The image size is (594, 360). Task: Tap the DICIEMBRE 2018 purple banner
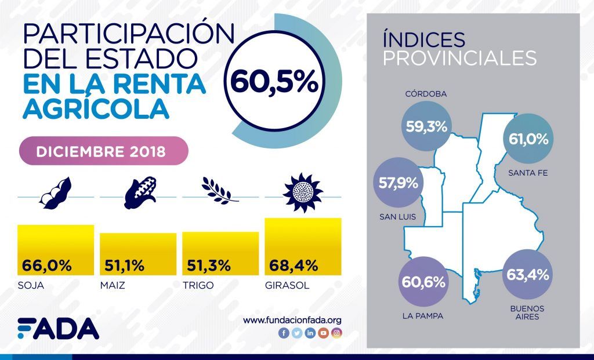pos(104,152)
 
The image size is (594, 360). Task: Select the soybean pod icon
pos(55,193)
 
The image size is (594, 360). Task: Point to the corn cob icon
pos(140,193)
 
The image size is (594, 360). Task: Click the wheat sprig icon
pos(220,191)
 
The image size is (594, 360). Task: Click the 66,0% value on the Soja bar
pos(47,266)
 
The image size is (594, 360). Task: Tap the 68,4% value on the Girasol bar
pos(294,266)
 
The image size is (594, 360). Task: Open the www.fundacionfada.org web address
pos(292,320)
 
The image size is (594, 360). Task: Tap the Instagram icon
pos(336,333)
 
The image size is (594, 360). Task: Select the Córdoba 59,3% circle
pos(426,126)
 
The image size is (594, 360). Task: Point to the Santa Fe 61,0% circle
pos(528,139)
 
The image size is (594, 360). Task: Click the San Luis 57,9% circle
pos(397,183)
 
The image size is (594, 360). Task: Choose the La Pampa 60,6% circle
pos(423,282)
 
